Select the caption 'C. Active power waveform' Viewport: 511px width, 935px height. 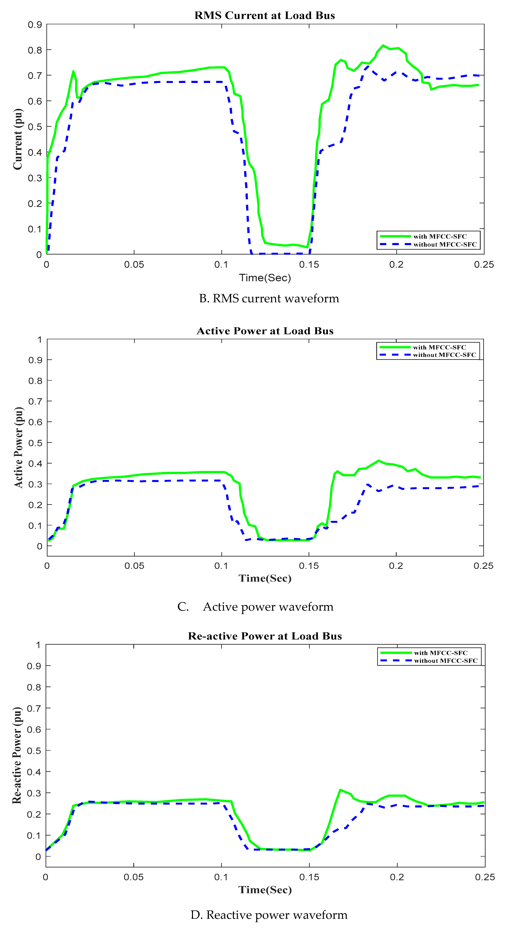tap(255, 607)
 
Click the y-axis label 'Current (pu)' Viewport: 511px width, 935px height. tap(17, 139)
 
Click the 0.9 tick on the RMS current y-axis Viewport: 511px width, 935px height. tap(35, 25)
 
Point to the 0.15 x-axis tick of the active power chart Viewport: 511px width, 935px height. tap(309, 565)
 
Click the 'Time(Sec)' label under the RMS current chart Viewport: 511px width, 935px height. tap(265, 278)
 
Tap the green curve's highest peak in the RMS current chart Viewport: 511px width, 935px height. tap(383, 46)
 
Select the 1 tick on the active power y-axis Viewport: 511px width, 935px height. tap(39, 340)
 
